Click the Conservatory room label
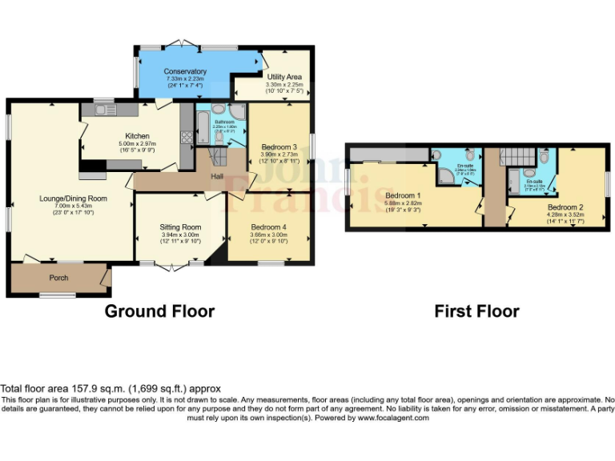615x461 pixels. [x=186, y=71]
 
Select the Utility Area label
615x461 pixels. [x=283, y=77]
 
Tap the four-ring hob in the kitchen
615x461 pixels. [x=187, y=137]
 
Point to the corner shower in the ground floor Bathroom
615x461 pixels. [x=238, y=112]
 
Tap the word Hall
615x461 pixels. [x=217, y=176]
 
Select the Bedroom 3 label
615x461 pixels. [x=279, y=147]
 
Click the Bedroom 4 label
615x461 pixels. [x=268, y=226]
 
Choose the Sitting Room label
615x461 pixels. [x=181, y=226]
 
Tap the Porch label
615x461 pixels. [x=59, y=278]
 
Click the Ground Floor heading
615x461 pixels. [x=159, y=311]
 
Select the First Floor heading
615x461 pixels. [x=476, y=311]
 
